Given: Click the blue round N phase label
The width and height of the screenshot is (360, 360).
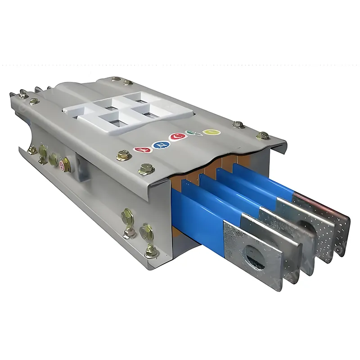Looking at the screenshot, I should tap(158, 144).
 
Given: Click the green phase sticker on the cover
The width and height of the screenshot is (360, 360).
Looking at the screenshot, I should tap(193, 134).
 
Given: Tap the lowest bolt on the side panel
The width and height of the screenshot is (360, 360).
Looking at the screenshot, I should tap(151, 251).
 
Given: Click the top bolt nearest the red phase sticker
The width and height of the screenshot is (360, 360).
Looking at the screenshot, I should tap(123, 156).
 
